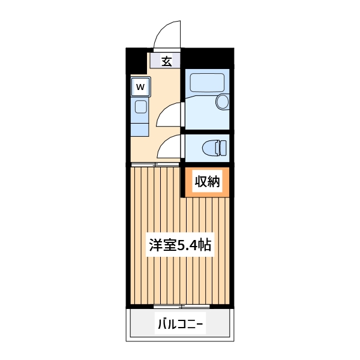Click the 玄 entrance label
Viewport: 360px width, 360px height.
(x=166, y=60)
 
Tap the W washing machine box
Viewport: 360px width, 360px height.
(x=140, y=87)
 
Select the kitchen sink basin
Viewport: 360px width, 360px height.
(x=140, y=107)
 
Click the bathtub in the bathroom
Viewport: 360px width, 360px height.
(x=204, y=82)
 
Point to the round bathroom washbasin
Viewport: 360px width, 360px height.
(x=222, y=101)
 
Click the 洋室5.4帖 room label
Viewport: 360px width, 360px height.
(x=179, y=245)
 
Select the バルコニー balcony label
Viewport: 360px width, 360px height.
(x=179, y=325)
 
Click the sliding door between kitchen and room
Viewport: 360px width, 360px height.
(x=155, y=164)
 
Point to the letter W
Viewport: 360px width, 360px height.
(x=140, y=87)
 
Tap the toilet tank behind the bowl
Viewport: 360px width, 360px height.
(x=224, y=146)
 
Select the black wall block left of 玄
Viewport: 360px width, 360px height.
(x=136, y=60)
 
